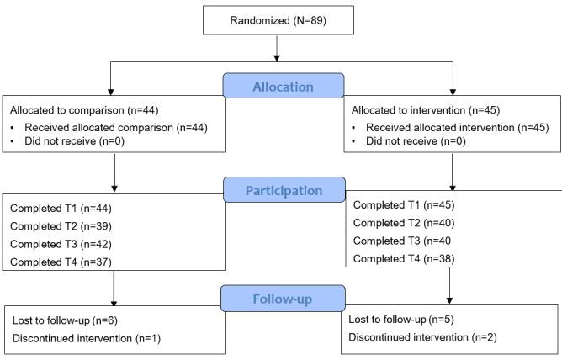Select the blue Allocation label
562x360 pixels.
(x=283, y=86)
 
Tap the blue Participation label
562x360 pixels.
(x=283, y=190)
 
